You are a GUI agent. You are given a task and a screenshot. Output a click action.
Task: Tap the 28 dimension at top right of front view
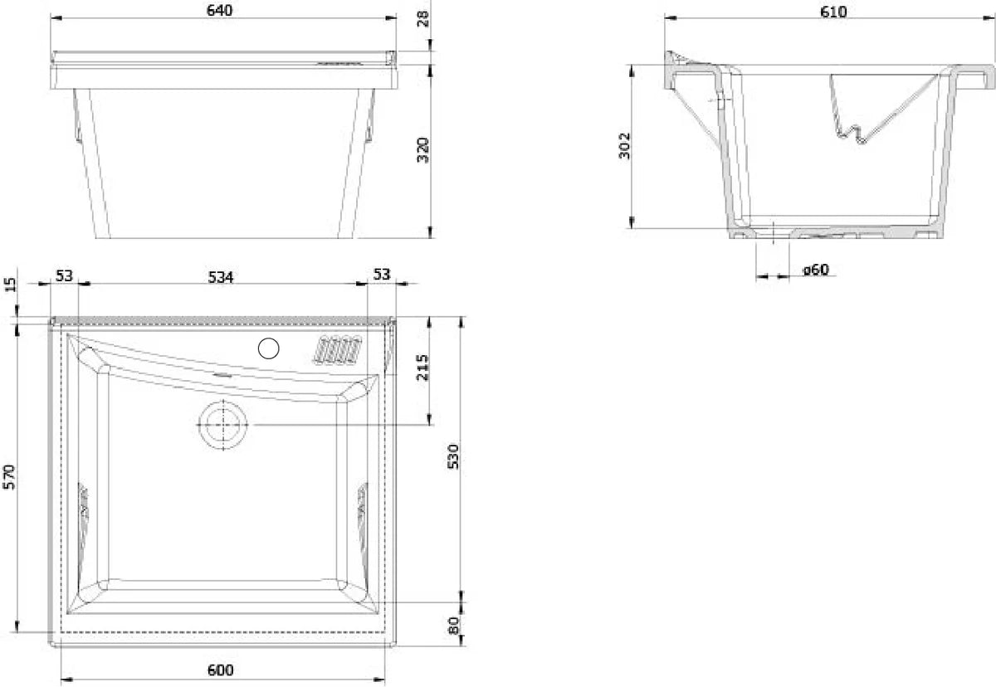pos(422,18)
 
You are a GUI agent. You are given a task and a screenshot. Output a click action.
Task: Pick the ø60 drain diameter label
pos(816,270)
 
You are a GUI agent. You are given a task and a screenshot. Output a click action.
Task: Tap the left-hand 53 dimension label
pos(64,276)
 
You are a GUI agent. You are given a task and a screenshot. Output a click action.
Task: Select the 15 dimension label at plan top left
pos(11,285)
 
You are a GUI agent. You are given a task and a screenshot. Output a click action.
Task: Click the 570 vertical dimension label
pos(11,478)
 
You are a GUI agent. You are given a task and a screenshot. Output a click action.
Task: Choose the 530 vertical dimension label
pos(453,456)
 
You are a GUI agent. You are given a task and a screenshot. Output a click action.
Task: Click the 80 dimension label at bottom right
pos(453,625)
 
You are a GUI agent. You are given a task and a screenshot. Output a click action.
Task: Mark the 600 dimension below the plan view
pos(221,670)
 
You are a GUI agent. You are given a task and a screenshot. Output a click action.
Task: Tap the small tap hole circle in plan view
pos(268,349)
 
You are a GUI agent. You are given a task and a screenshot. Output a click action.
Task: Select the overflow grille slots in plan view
pos(338,348)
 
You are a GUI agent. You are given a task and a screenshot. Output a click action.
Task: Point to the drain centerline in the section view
pos(772,234)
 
